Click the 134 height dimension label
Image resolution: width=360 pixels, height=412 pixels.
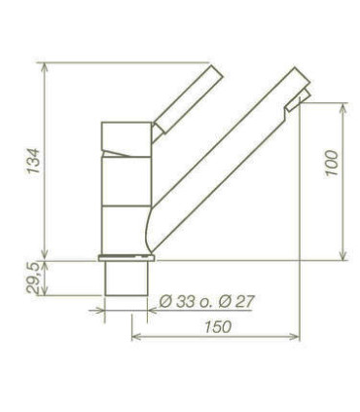pyautogui.click(x=33, y=161)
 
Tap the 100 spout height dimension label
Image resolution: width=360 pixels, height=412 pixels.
pyautogui.click(x=332, y=163)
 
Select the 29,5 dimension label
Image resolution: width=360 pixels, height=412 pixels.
pyautogui.click(x=33, y=279)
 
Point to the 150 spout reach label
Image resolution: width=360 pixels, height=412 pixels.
pyautogui.click(x=218, y=326)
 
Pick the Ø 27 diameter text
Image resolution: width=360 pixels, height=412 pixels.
pyautogui.click(x=236, y=302)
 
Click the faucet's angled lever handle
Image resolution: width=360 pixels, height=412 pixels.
pyautogui.click(x=188, y=99)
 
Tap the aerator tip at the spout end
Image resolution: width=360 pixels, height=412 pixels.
pyautogui.click(x=299, y=99)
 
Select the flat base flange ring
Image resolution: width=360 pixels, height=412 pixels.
pyautogui.click(x=126, y=258)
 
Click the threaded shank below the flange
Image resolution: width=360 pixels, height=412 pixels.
pyautogui.click(x=126, y=279)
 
